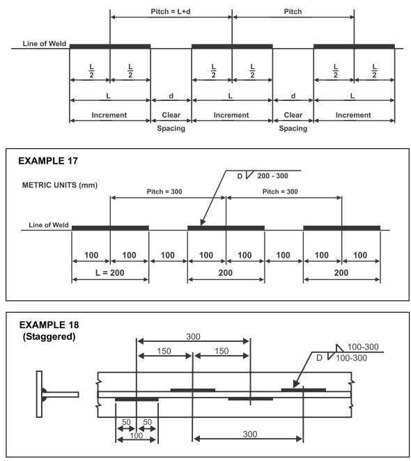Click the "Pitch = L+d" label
point(171,11)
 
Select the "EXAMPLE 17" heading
point(48,161)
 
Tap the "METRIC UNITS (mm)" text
point(60,185)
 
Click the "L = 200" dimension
point(110,273)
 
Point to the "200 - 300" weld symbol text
point(272,175)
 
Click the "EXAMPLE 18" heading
point(49,325)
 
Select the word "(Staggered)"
point(49,336)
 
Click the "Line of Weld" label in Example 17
point(49,225)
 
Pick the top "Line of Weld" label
point(45,44)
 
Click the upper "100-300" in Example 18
point(363,347)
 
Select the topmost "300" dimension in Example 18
point(193,336)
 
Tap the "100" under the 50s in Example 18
point(137,435)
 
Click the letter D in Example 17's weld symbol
point(240,176)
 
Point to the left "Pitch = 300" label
point(164,192)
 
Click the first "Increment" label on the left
point(109,115)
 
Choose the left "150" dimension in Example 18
point(164,351)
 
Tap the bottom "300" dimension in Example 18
point(250,434)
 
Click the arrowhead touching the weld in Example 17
point(203,222)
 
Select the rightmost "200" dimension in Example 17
point(341,273)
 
